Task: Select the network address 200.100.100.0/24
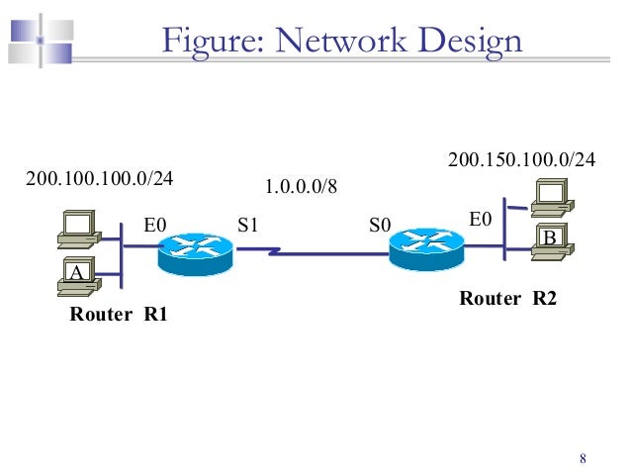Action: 99,179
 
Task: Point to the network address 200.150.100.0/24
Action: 522,159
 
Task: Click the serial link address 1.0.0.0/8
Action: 302,186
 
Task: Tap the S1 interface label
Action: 247,226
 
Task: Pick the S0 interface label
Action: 380,227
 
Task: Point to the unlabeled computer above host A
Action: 77,228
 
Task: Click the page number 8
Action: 583,458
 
